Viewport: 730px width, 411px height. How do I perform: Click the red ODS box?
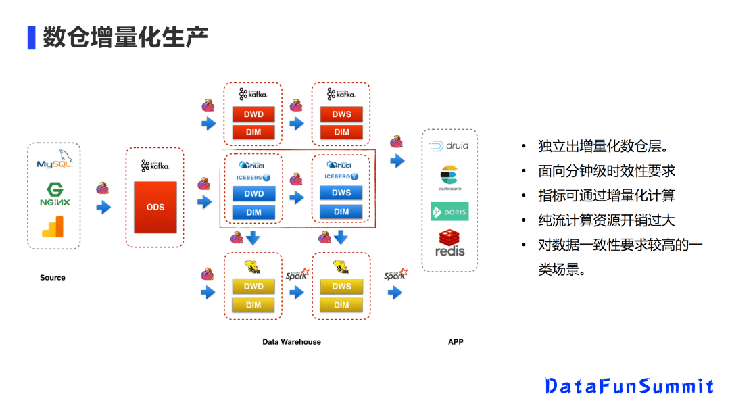point(155,206)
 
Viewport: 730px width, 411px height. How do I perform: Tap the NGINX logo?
point(54,195)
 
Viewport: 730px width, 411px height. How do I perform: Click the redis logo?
point(449,243)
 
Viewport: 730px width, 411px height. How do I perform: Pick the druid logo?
point(449,145)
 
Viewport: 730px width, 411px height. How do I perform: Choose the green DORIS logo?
point(449,212)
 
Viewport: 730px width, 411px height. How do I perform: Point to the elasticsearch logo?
point(449,177)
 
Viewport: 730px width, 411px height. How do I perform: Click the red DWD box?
point(253,114)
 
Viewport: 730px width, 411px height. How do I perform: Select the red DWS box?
point(341,114)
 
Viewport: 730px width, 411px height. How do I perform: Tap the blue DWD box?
point(253,194)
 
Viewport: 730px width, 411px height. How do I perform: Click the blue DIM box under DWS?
point(341,212)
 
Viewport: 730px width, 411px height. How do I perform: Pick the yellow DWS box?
point(341,287)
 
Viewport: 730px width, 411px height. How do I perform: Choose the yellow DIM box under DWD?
point(253,305)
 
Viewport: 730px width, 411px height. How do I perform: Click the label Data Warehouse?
point(291,342)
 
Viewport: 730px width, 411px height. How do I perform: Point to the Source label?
point(53,278)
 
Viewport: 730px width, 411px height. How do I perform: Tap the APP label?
point(456,342)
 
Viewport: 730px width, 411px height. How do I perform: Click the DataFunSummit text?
point(629,386)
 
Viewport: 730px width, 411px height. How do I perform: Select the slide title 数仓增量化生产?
point(125,37)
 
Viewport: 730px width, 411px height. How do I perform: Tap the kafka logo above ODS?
point(155,165)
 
